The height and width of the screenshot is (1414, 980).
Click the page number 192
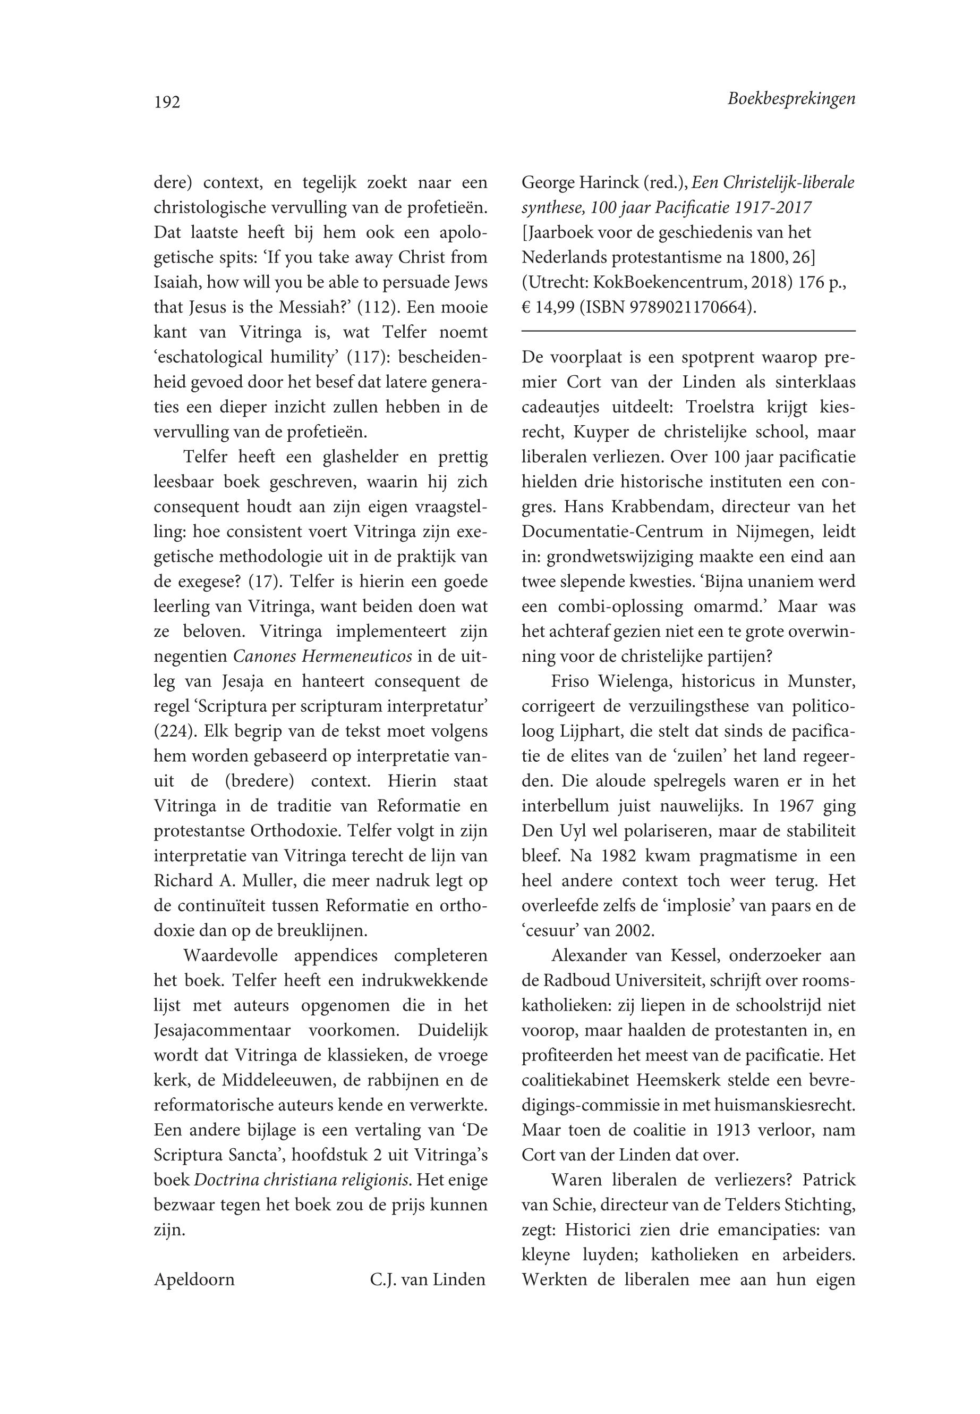(x=167, y=102)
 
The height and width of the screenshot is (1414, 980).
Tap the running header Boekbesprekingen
(x=791, y=99)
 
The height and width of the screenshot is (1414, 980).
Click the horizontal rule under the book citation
(x=688, y=331)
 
